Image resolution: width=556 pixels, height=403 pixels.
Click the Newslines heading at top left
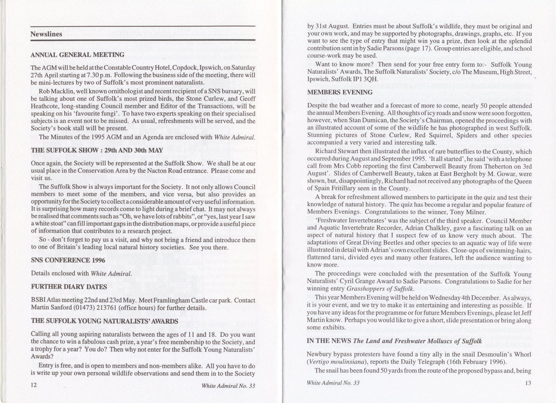(x=46, y=34)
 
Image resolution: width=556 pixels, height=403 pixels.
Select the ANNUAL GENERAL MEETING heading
(x=77, y=55)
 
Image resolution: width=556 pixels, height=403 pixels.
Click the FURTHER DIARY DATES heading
(x=69, y=287)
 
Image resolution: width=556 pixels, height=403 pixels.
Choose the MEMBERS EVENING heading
(x=340, y=92)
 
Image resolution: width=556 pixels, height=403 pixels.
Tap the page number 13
(x=528, y=383)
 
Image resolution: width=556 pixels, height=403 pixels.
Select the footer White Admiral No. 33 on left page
(x=228, y=386)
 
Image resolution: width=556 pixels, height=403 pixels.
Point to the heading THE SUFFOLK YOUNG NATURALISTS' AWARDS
(x=105, y=321)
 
